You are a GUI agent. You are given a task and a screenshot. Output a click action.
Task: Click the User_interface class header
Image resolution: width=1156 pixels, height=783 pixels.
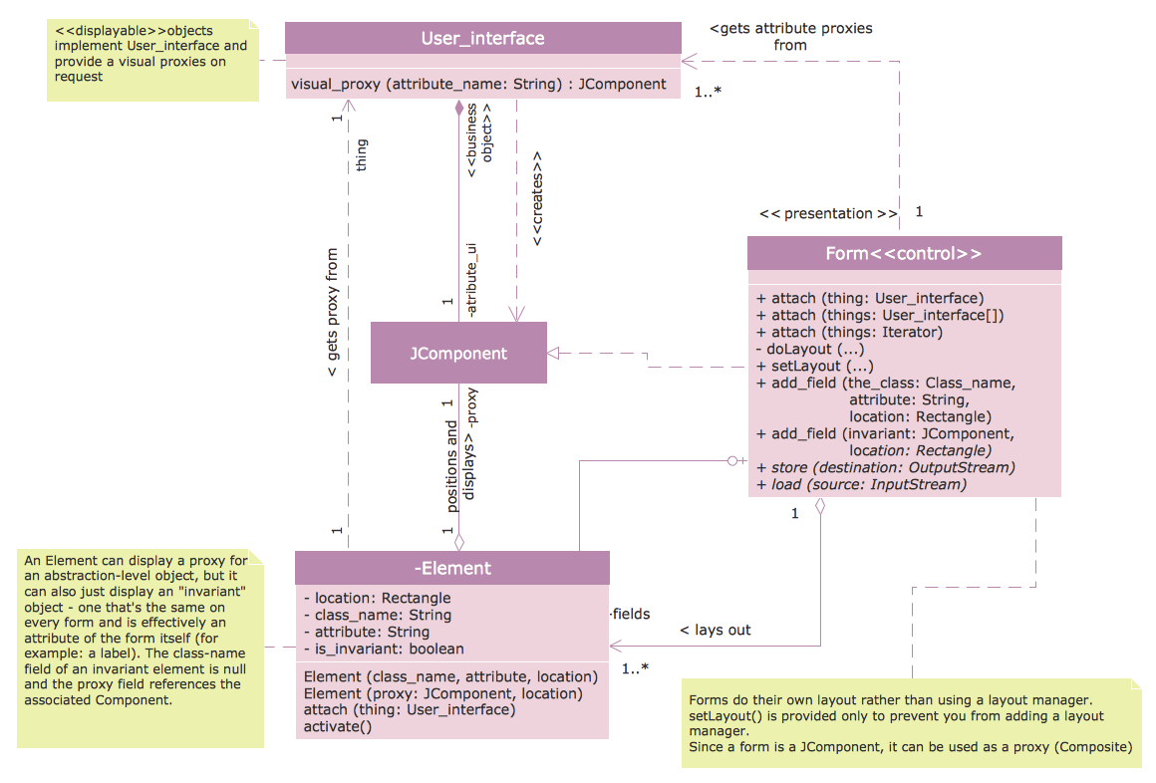click(x=482, y=39)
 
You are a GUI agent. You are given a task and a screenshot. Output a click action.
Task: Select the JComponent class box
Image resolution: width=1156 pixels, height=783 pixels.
click(x=458, y=353)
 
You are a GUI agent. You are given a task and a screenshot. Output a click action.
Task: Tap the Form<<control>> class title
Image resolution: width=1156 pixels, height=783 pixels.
click(x=904, y=253)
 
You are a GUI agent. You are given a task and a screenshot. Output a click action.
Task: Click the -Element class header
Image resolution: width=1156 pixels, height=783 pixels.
click(x=451, y=568)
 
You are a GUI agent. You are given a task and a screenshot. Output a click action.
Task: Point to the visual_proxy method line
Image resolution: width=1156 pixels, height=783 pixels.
click(x=478, y=85)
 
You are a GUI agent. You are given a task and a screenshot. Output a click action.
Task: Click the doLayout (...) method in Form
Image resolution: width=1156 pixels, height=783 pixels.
click(x=809, y=349)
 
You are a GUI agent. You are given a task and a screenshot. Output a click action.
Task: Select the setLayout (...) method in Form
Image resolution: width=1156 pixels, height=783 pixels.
click(x=814, y=366)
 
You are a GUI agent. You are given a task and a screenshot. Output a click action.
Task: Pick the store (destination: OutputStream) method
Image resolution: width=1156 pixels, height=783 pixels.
click(x=886, y=467)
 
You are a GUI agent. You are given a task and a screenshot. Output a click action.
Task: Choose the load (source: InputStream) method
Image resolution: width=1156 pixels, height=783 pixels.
click(x=861, y=484)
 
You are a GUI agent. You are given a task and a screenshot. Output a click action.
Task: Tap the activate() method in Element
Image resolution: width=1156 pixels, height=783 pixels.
click(x=337, y=726)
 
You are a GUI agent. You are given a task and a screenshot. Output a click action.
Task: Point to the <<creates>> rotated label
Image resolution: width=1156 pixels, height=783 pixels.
click(x=537, y=199)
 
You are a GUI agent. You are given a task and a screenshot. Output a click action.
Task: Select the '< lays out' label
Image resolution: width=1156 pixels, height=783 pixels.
click(x=715, y=630)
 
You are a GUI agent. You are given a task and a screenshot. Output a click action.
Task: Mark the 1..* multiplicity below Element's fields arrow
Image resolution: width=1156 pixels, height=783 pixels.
click(x=635, y=668)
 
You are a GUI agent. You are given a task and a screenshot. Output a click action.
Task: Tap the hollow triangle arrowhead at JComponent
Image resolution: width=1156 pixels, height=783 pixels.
click(x=554, y=352)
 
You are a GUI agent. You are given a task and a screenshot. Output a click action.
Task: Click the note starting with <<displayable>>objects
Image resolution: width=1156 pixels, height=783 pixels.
click(x=152, y=60)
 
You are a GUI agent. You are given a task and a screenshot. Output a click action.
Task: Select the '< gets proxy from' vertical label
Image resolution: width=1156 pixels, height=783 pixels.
click(x=332, y=314)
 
